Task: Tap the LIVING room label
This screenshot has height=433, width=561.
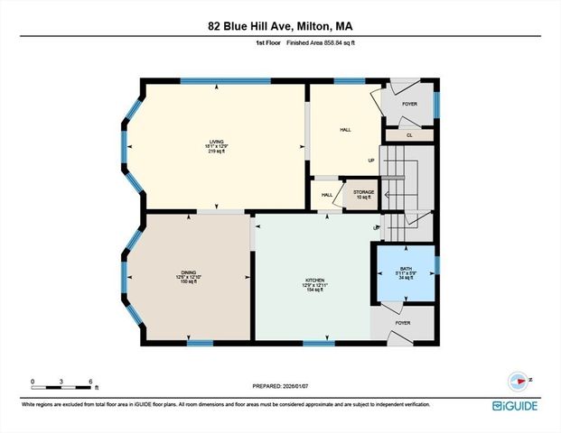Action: coord(217,143)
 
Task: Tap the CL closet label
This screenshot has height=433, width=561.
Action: coord(409,135)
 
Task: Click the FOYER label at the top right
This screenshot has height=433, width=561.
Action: coord(409,104)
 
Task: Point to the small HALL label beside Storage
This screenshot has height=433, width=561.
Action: coord(326,194)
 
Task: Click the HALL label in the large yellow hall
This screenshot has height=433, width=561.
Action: coord(345,130)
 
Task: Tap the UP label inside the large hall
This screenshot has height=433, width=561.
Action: coord(370,161)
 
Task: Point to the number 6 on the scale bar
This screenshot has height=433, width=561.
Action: coord(91,381)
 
